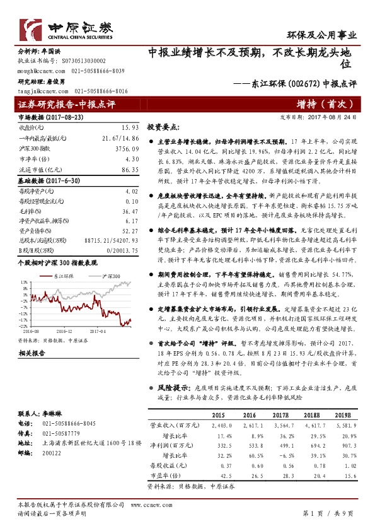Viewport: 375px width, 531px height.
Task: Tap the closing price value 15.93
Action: click(130, 128)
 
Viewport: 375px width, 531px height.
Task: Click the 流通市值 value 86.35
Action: click(130, 170)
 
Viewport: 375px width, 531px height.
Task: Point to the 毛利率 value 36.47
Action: click(130, 211)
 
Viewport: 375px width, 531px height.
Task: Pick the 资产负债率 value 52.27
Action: click(130, 231)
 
